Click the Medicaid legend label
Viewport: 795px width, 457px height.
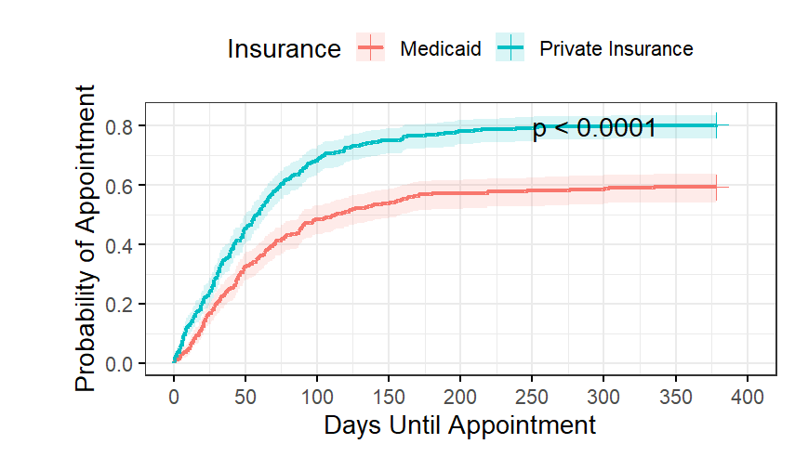coord(440,49)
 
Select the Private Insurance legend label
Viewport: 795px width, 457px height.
coord(616,49)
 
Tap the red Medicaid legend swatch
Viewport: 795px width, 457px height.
coord(371,47)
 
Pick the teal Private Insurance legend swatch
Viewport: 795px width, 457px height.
coord(510,47)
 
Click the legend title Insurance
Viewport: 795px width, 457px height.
coord(284,49)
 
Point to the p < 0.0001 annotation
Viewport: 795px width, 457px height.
coord(594,127)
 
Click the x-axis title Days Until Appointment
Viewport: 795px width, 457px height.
coord(460,424)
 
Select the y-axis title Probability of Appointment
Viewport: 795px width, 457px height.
coord(86,238)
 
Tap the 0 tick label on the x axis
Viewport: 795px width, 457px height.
coord(174,397)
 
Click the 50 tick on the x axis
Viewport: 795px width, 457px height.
coord(245,397)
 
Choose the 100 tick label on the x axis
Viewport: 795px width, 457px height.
coord(317,397)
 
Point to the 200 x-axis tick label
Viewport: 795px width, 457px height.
coord(460,397)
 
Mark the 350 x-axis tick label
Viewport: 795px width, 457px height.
coord(676,397)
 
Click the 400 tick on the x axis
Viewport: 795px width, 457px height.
coord(748,397)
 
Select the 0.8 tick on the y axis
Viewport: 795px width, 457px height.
coord(119,126)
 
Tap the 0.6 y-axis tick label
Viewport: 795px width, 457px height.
coord(119,186)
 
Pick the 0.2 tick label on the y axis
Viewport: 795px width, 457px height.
coord(119,305)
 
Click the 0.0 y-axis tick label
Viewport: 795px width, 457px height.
coord(119,364)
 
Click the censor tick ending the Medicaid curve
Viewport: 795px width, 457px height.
coord(716,188)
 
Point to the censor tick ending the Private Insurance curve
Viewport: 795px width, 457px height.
coord(716,125)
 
